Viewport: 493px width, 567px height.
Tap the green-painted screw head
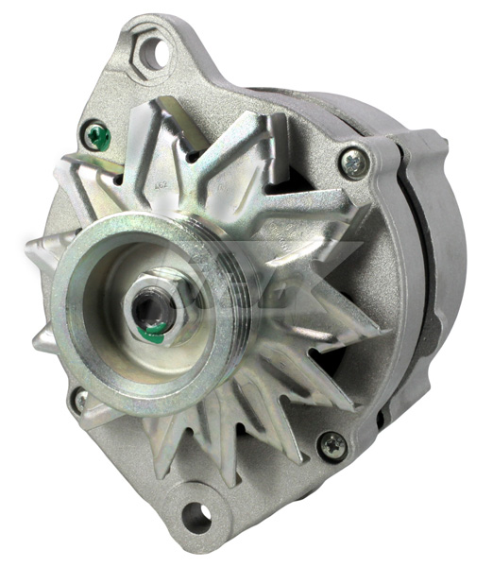pyautogui.click(x=96, y=137)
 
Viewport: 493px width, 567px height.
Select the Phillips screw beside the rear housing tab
pyautogui.click(x=353, y=162)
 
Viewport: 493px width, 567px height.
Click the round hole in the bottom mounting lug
pyautogui.click(x=196, y=515)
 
